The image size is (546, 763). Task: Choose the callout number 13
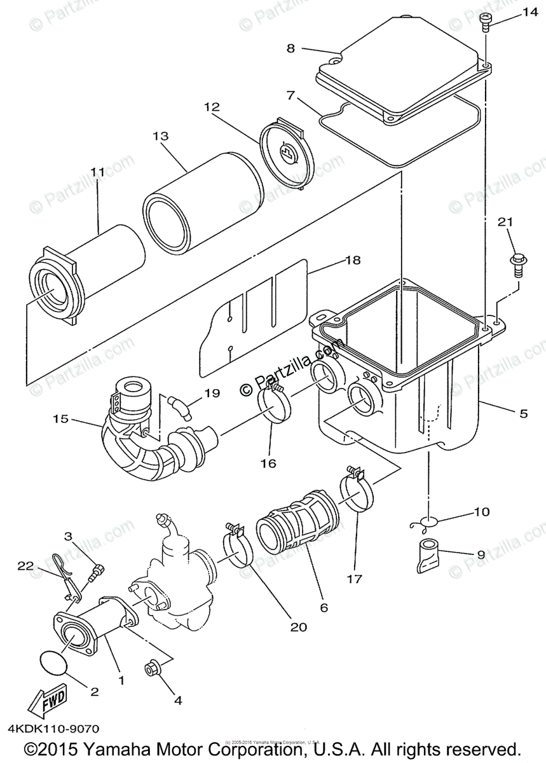point(160,137)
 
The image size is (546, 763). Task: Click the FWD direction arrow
point(46,705)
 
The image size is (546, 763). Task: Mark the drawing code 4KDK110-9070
point(54,729)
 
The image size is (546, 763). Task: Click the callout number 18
point(352,260)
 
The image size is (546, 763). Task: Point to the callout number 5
point(523,413)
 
